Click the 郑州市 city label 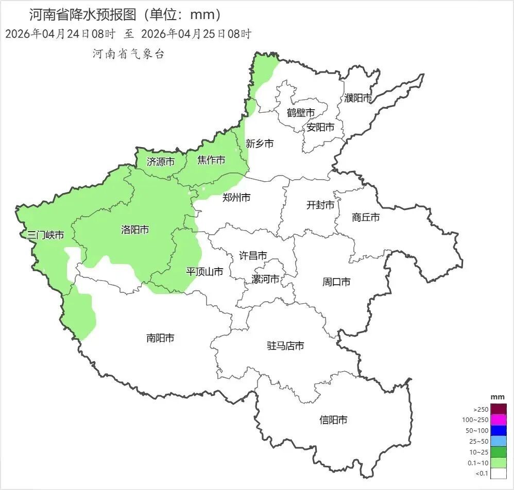[x=236, y=197]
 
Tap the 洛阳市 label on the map [x=135, y=230]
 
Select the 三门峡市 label [x=46, y=235]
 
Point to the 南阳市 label [x=160, y=338]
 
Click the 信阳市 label [x=333, y=420]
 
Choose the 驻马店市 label [x=285, y=345]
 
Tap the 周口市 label [x=336, y=282]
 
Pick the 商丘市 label [x=366, y=217]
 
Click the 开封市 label [x=320, y=205]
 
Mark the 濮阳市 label [x=358, y=98]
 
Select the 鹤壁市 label [x=301, y=112]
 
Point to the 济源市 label [x=161, y=162]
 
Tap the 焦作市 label [x=211, y=161]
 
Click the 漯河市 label [x=265, y=279]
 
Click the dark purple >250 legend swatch [x=499, y=409]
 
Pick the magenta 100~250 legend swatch [x=499, y=420]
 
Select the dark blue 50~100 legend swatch [x=499, y=430]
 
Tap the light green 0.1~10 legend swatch [x=499, y=462]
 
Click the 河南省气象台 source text [x=128, y=54]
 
